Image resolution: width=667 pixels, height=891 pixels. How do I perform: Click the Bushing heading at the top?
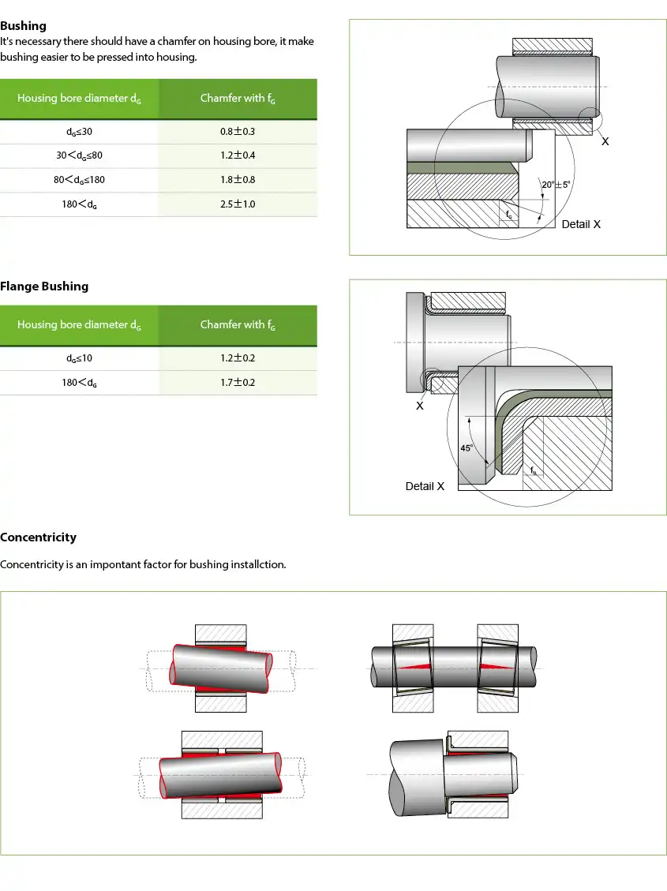(24, 26)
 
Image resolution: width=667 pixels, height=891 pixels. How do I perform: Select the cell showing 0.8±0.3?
(238, 132)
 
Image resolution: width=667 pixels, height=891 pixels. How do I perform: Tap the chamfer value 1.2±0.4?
(238, 155)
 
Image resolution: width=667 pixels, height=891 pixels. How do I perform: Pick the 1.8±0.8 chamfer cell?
(238, 180)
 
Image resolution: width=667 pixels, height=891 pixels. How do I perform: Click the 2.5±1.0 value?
(238, 204)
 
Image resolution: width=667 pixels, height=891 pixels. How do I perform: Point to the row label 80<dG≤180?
(79, 180)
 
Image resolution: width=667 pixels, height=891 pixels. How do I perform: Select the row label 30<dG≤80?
(79, 155)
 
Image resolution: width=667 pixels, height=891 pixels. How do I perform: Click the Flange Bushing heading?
(44, 286)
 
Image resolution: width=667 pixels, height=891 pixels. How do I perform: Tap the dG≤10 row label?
(79, 358)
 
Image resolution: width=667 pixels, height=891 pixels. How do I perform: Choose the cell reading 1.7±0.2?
(238, 383)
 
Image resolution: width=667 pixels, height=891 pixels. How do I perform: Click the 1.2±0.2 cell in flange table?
(238, 358)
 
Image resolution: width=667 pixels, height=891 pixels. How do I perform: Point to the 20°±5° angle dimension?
(556, 185)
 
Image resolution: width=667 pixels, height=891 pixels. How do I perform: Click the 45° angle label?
(467, 448)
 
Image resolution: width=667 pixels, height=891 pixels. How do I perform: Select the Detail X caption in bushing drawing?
(581, 224)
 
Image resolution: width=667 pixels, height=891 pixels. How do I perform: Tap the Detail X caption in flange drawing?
(425, 486)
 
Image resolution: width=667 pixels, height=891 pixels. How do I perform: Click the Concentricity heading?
(39, 537)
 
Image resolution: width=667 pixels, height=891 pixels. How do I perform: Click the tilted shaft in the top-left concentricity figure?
(221, 668)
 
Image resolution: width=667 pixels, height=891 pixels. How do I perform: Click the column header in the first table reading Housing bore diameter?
(79, 99)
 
